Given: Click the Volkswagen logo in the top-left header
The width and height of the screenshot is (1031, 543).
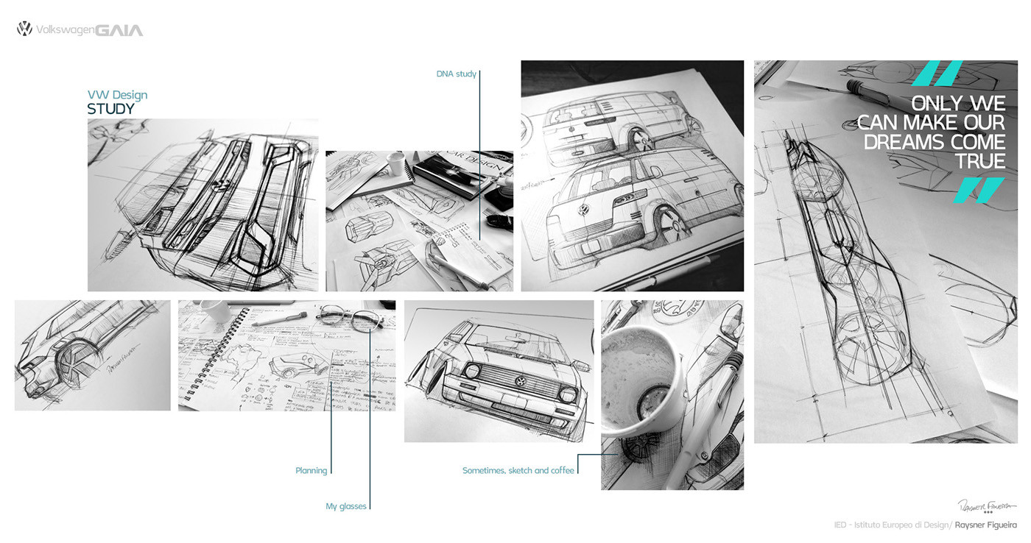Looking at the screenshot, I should (x=24, y=29).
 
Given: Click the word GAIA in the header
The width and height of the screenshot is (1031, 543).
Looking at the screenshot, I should (x=119, y=30).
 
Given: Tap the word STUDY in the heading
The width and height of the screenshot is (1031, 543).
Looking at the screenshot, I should (x=111, y=109).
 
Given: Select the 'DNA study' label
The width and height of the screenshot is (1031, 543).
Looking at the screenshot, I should (x=456, y=74).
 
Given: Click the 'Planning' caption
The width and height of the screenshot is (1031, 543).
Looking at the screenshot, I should (x=311, y=471).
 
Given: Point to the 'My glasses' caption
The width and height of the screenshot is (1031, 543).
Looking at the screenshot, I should (x=346, y=506).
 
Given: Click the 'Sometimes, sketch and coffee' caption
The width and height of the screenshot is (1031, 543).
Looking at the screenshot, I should (x=518, y=470).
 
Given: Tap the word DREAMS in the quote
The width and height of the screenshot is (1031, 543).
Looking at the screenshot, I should (x=934, y=141).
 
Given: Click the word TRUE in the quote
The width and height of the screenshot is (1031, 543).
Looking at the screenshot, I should (x=979, y=161).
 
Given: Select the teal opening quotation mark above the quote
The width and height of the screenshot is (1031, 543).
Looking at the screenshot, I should (x=937, y=73).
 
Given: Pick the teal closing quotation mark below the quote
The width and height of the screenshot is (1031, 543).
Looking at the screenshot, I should (x=979, y=190).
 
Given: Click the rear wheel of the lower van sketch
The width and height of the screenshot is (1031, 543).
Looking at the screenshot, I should (x=666, y=221).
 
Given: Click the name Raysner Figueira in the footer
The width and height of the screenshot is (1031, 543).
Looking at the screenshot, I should (x=985, y=525).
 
